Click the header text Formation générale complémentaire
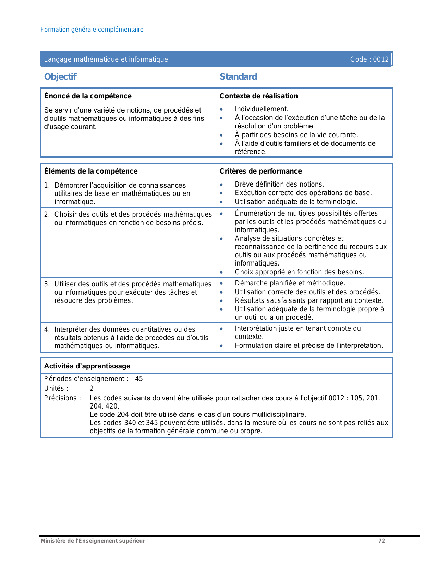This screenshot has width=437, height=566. (x=92, y=30)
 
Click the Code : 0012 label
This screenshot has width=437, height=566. (x=369, y=59)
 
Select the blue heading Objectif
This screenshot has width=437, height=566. (x=60, y=76)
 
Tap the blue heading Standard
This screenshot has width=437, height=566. (x=238, y=76)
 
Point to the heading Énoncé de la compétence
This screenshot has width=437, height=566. (x=88, y=96)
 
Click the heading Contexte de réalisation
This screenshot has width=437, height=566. (x=258, y=96)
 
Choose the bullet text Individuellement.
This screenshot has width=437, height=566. (x=261, y=109)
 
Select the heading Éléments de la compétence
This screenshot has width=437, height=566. (x=91, y=171)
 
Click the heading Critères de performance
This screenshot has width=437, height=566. (x=260, y=171)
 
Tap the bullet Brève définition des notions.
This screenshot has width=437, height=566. (x=279, y=184)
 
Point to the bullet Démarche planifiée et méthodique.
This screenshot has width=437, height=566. (x=290, y=283)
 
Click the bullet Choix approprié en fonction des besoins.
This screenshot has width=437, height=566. (x=299, y=272)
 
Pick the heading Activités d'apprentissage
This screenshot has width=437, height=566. (x=87, y=366)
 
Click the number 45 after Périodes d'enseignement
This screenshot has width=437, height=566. (x=139, y=379)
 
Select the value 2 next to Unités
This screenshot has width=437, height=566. (x=92, y=388)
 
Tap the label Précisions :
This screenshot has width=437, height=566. (x=62, y=398)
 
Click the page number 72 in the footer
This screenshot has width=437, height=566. (x=381, y=541)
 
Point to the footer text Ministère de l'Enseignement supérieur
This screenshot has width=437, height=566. (x=93, y=541)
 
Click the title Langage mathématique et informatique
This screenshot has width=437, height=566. (x=106, y=59)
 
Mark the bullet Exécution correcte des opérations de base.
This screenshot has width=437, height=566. (x=303, y=193)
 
